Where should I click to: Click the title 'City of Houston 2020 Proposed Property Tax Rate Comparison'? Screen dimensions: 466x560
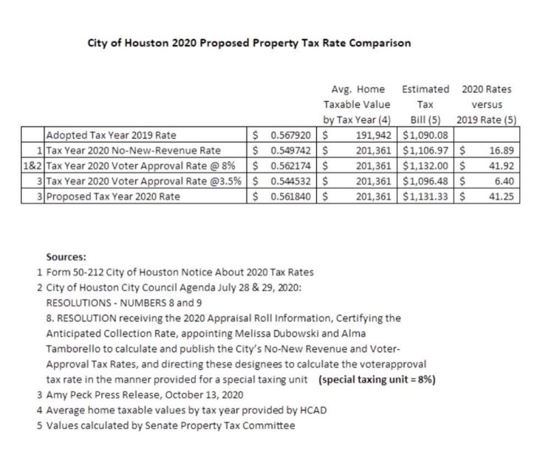pos(249,43)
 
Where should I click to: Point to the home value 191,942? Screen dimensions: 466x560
pos(372,136)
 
